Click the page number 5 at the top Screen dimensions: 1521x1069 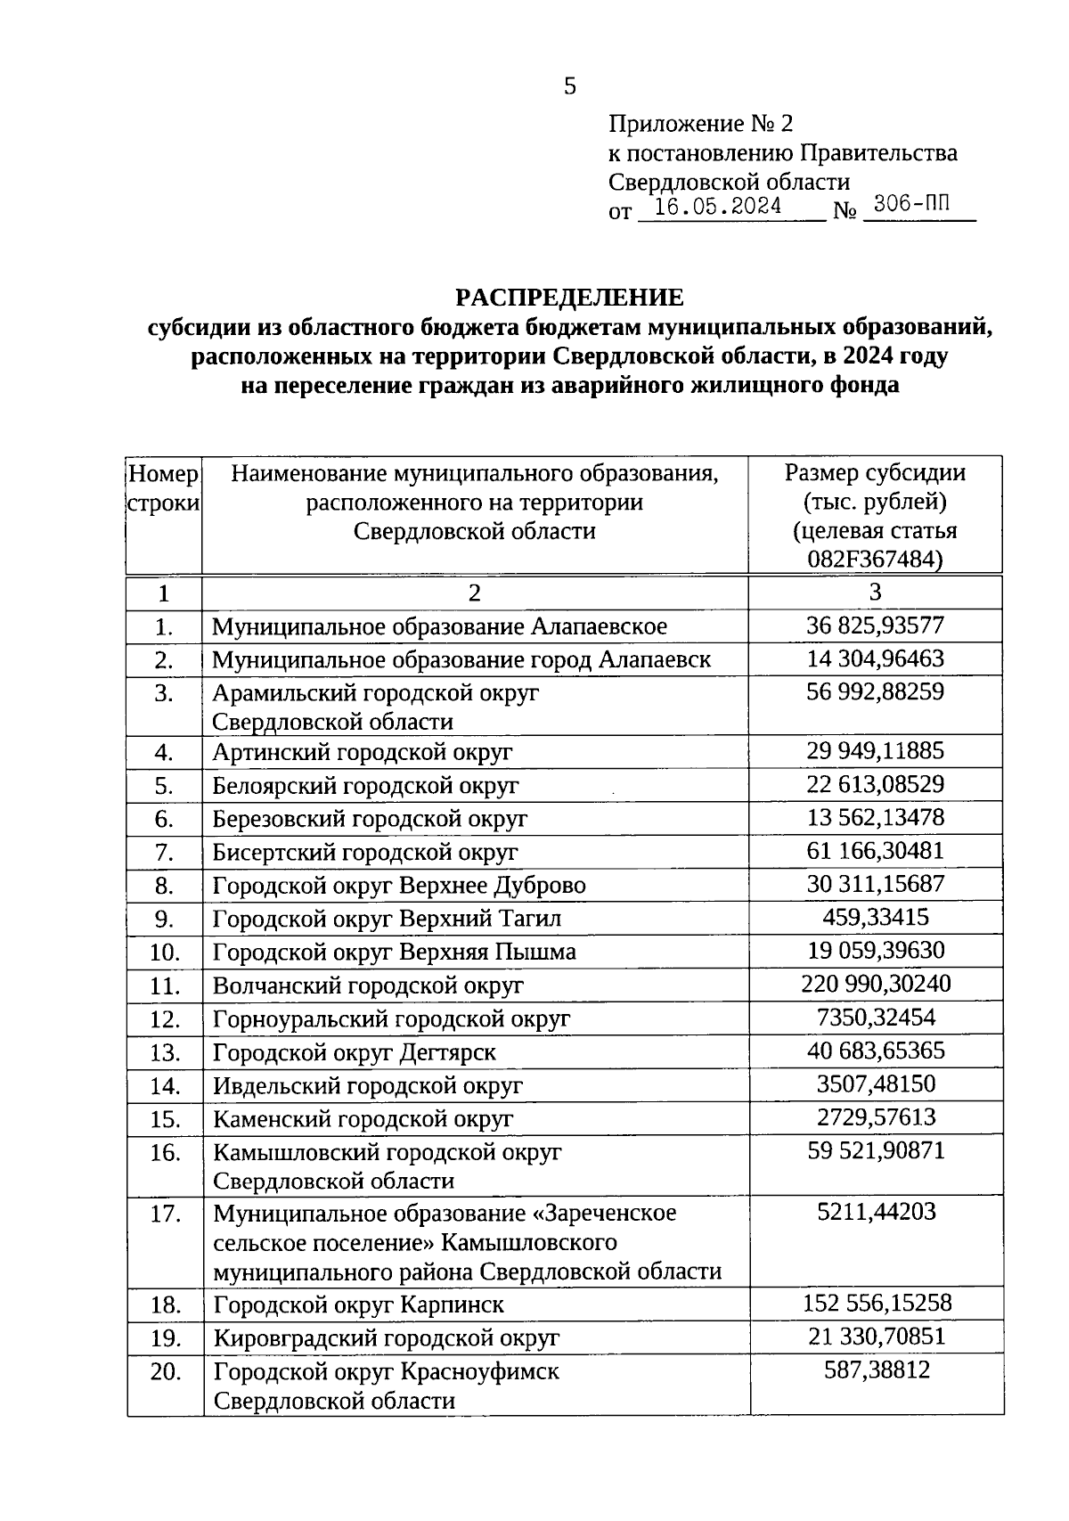click(570, 86)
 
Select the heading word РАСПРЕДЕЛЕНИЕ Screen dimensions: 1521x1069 click(569, 297)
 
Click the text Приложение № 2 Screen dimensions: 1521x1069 click(700, 123)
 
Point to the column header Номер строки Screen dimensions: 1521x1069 click(163, 488)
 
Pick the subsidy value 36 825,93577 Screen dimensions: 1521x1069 click(875, 626)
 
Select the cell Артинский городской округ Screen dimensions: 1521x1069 click(363, 752)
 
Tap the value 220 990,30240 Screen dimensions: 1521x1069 click(876, 984)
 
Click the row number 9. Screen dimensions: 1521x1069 click(163, 919)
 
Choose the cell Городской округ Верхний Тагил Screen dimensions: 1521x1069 click(388, 919)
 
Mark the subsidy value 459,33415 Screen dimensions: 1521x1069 click(875, 917)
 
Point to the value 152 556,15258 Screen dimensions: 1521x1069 click(877, 1303)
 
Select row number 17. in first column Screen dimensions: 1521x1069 click(165, 1214)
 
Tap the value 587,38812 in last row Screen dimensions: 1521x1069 click(875, 1370)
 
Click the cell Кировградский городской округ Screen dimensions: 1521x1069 click(387, 1337)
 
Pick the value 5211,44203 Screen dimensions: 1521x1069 click(877, 1212)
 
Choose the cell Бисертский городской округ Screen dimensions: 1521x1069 click(365, 853)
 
